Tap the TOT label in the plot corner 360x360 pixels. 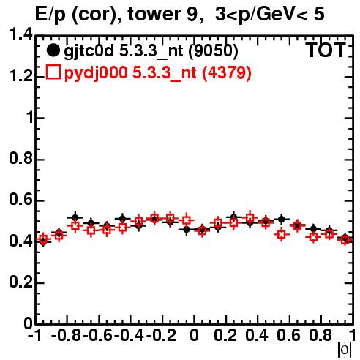point(326,50)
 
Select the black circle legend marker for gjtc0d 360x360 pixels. point(53,50)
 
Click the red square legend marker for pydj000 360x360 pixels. point(53,72)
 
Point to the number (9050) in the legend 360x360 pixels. point(214,51)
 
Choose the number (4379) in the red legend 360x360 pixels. point(227,72)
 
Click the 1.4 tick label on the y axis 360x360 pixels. point(20,34)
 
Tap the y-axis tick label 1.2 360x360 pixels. point(20,76)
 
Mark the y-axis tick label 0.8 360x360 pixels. point(20,158)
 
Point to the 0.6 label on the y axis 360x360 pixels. point(20,200)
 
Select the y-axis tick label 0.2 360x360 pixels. point(20,282)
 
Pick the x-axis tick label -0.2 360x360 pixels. point(161,336)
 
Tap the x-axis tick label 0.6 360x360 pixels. point(288,336)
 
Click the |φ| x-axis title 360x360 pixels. point(345,350)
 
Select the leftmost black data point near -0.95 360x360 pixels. point(43,241)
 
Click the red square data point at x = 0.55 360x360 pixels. point(281,235)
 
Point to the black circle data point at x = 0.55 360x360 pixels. point(281,220)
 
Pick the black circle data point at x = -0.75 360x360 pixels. point(75,217)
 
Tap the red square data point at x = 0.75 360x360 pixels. point(313,237)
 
